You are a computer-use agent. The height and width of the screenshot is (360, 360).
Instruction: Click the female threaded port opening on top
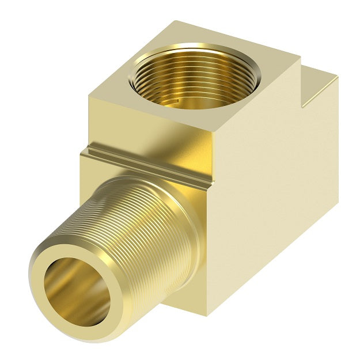(x=183, y=81)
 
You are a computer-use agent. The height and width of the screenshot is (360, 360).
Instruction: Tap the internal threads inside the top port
(x=173, y=92)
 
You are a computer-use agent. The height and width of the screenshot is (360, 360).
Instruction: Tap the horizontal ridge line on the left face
(x=144, y=164)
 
